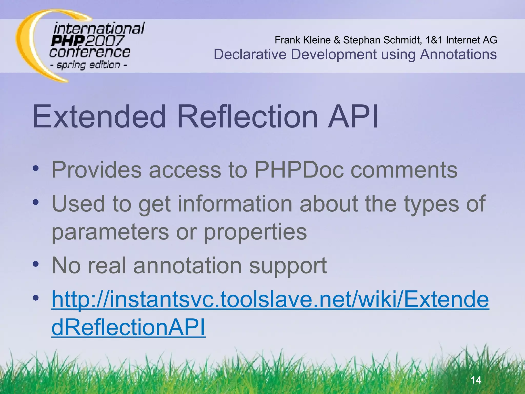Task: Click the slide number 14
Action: coord(476,380)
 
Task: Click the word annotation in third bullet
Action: coord(187,265)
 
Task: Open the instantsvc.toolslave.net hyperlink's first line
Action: coord(270,300)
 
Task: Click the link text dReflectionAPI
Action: coord(128,328)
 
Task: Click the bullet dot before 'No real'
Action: coord(36,264)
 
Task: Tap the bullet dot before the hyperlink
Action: coord(36,298)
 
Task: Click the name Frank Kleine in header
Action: coord(302,40)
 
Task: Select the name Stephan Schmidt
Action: coord(382,40)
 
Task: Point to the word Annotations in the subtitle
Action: coord(458,54)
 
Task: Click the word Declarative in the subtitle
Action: coord(250,54)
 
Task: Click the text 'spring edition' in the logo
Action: coord(88,65)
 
